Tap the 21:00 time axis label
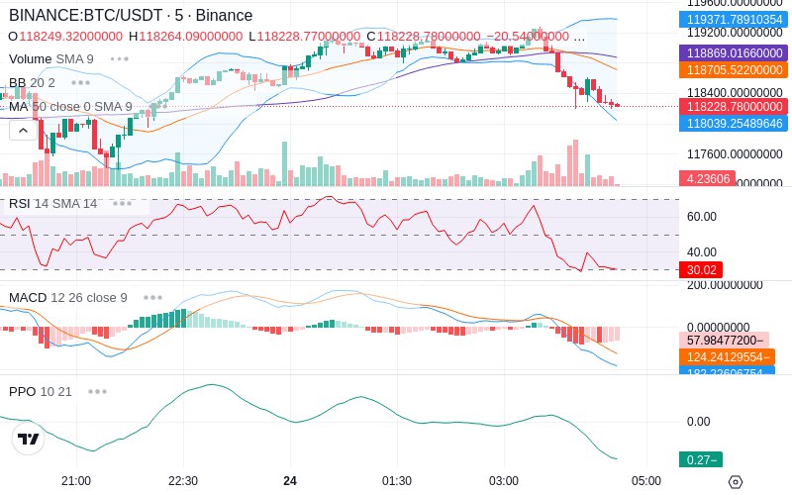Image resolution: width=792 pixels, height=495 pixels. (x=76, y=481)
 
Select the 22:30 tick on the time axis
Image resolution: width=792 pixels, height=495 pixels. (x=182, y=481)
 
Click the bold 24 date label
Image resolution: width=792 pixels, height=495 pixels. (x=289, y=481)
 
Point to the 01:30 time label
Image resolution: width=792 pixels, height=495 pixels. (x=397, y=481)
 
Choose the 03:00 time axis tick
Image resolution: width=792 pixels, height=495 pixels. (x=504, y=481)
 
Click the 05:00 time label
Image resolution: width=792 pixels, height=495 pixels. (x=646, y=481)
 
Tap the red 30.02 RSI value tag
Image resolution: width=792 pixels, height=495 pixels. (x=700, y=269)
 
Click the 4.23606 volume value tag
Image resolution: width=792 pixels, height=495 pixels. (x=706, y=179)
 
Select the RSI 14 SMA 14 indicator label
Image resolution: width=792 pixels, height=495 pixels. (x=53, y=204)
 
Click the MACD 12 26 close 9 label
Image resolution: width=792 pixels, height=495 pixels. (x=67, y=297)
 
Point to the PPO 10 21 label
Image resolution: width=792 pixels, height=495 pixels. (x=41, y=391)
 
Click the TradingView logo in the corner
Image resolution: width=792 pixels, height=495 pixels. (x=29, y=439)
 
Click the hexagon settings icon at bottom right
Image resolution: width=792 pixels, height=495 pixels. (x=735, y=482)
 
